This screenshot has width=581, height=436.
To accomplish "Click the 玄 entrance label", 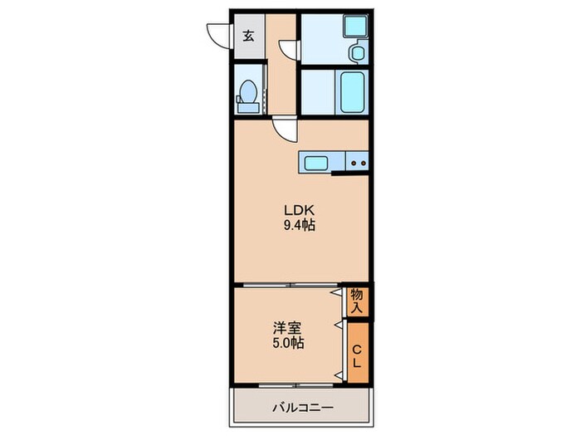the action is (249, 36).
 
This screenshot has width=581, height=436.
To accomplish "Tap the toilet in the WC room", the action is (248, 96).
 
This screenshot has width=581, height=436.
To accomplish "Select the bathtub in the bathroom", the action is (352, 92).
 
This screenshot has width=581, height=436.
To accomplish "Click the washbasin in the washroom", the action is (358, 52).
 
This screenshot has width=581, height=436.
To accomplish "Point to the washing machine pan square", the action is (355, 26).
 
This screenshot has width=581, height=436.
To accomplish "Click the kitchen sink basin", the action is (315, 163).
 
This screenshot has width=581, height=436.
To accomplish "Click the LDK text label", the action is (300, 211).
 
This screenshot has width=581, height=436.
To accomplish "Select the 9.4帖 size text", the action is (300, 225).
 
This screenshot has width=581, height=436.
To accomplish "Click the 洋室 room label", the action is (287, 328).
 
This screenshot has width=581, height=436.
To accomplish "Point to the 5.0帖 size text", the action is (288, 343).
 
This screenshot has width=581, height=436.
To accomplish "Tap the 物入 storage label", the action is (357, 301).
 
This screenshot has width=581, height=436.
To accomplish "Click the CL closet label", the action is (357, 356).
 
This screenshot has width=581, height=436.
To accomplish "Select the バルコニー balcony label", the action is (303, 409).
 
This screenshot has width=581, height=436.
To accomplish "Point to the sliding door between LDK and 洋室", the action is (290, 285).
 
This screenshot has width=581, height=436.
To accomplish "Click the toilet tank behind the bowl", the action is (248, 108).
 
